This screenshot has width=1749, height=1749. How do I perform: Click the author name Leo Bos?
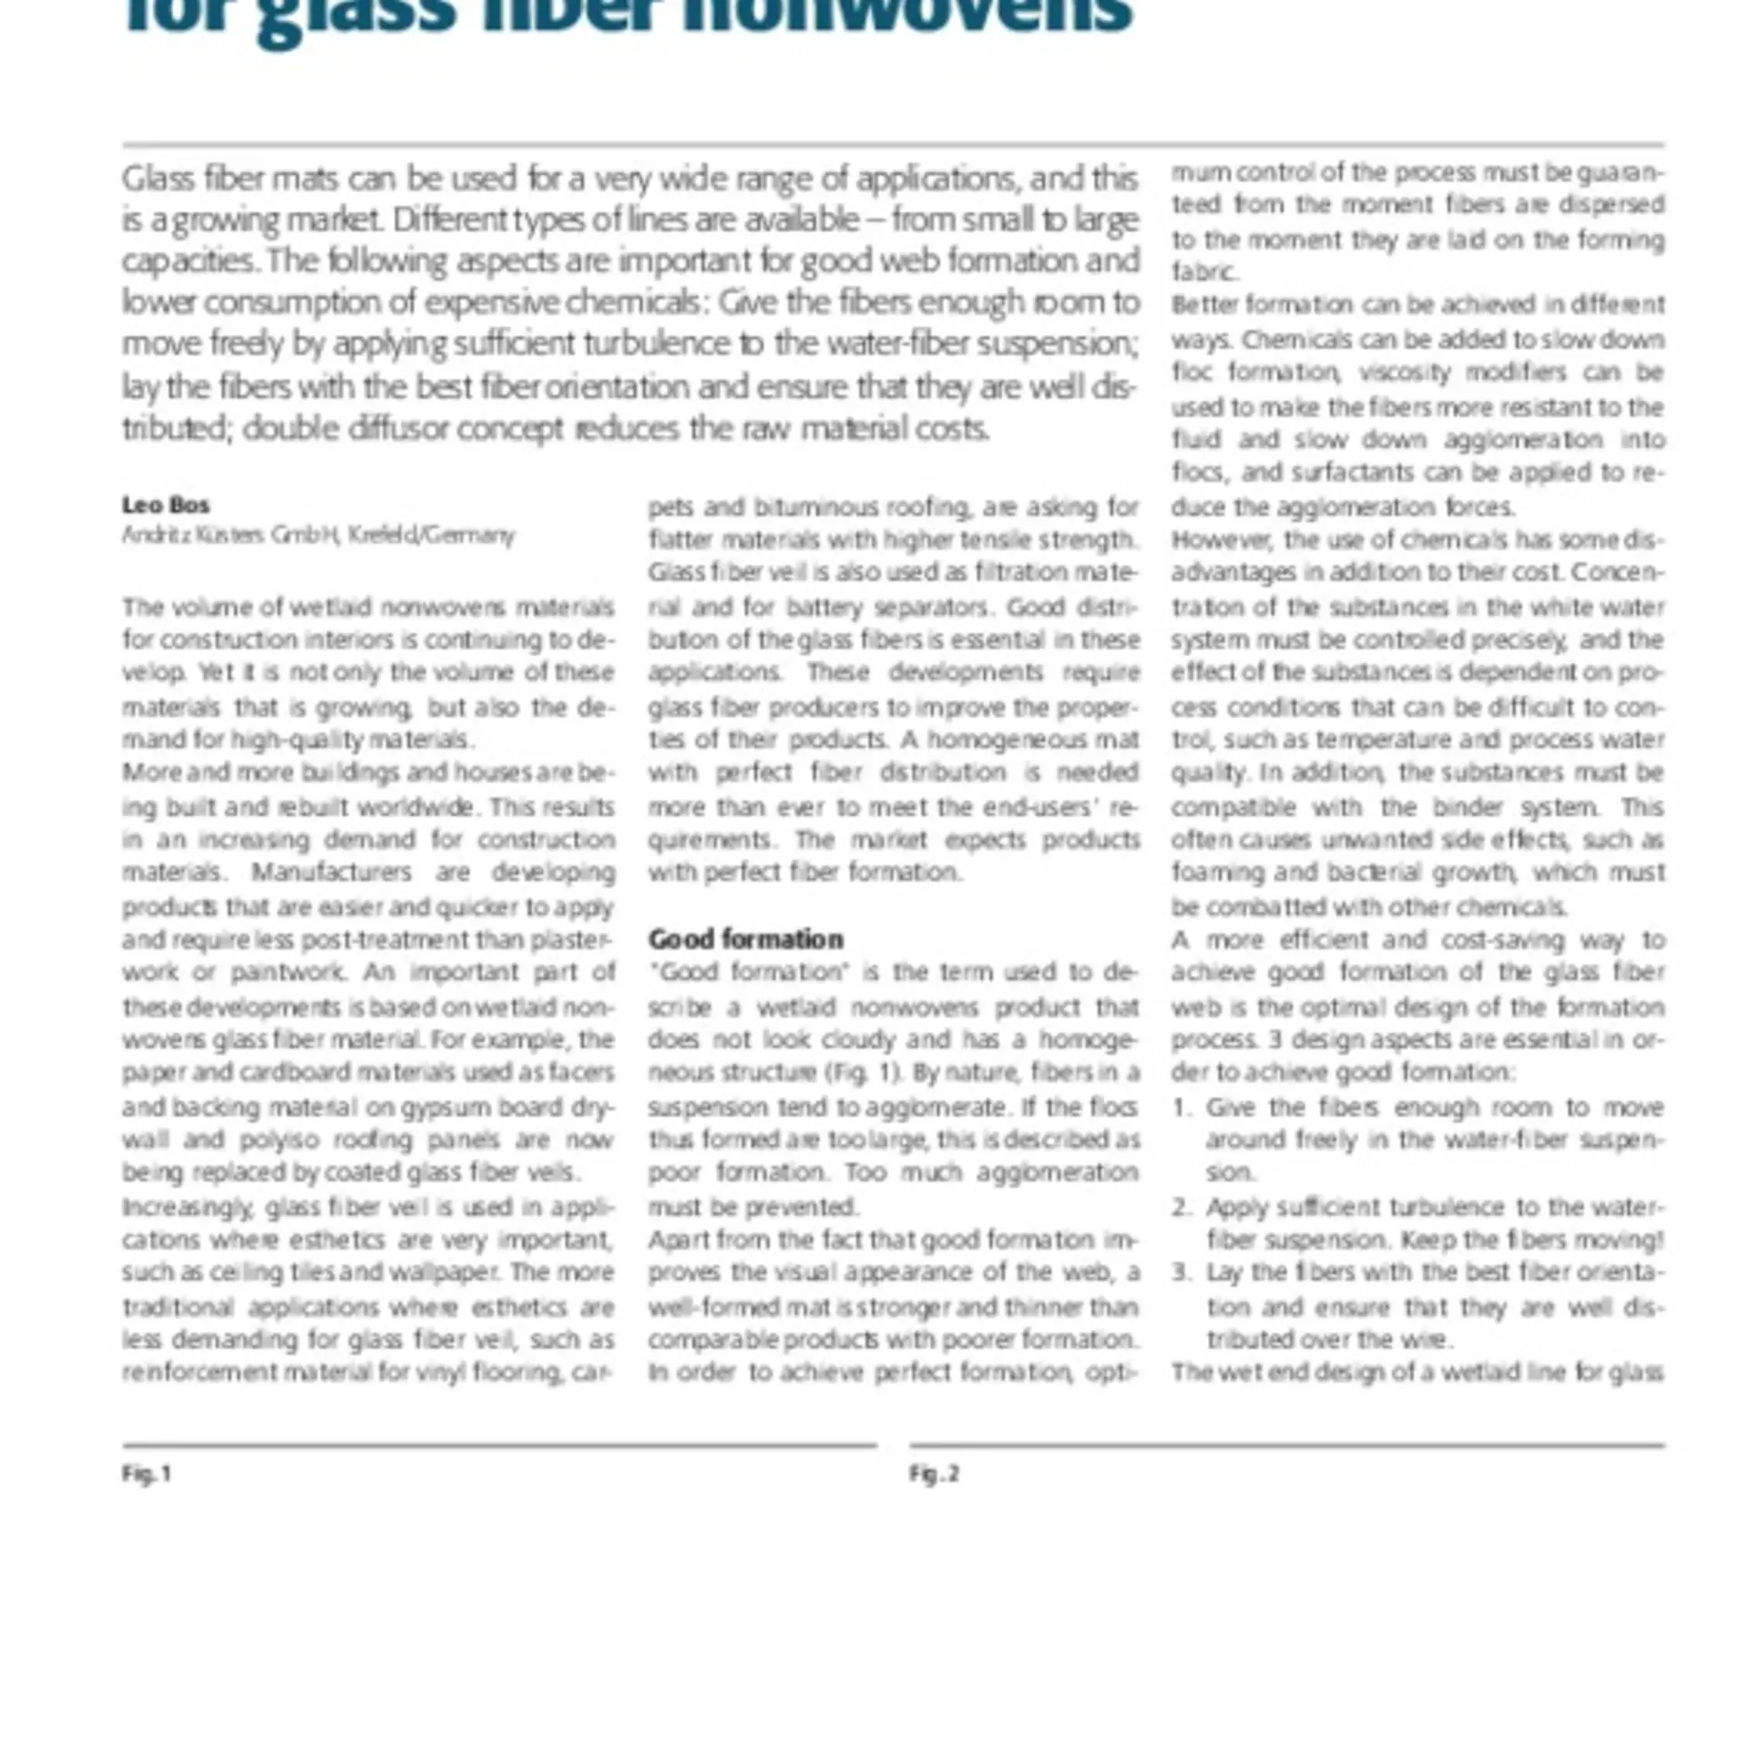point(166,505)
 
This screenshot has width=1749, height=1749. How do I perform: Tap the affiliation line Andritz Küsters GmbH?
point(318,535)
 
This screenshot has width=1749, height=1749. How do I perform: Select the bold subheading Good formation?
point(745,939)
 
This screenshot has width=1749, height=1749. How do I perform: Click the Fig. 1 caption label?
point(147,1474)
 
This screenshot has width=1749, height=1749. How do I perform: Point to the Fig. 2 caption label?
point(934,1474)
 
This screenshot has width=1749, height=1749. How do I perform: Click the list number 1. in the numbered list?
point(1181,1108)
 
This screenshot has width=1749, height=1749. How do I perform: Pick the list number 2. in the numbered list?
point(1181,1207)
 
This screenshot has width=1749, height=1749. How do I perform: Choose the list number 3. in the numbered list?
point(1181,1273)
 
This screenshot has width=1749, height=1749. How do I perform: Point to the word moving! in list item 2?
point(1623,1240)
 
